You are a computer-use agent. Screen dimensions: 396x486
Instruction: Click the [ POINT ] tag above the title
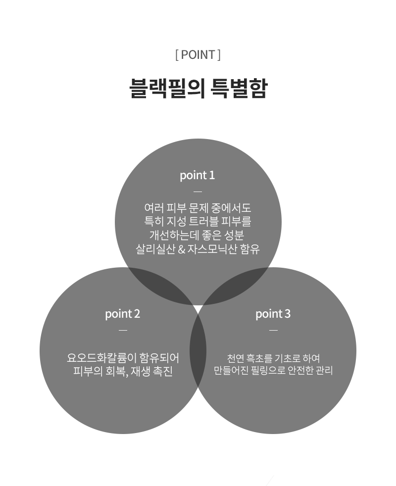tap(198, 55)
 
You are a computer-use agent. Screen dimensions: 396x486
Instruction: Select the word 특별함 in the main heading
tap(238, 89)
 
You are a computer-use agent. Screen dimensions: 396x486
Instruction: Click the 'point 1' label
tap(197, 175)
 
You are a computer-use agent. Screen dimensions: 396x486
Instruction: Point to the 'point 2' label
tap(122, 314)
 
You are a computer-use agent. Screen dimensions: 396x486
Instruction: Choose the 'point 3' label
tap(273, 314)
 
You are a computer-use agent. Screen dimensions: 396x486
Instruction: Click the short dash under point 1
tap(198, 192)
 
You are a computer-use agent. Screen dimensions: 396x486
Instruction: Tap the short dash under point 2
tap(123, 331)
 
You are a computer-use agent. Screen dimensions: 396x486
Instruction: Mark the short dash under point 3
tap(273, 331)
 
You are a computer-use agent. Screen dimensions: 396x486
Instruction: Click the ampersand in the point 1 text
tap(181, 249)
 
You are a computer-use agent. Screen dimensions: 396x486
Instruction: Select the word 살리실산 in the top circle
tap(155, 249)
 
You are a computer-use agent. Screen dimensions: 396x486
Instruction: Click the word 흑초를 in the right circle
tap(259, 358)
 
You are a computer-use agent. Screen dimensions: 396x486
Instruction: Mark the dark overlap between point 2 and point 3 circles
tap(198, 350)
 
